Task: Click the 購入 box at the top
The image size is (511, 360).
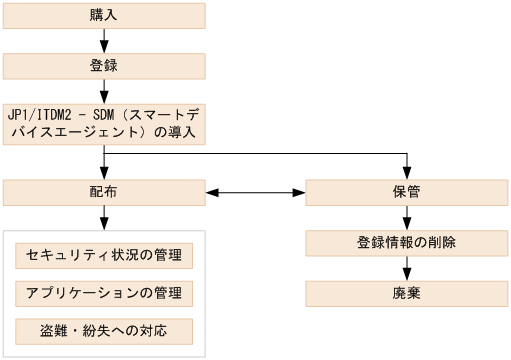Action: click(104, 15)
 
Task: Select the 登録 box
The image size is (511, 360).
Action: click(104, 66)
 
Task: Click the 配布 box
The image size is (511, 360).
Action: click(104, 192)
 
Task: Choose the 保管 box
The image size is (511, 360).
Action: click(406, 192)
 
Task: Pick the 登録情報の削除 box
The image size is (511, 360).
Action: click(406, 243)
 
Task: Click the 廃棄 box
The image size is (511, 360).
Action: click(406, 294)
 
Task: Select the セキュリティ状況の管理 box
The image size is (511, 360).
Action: click(104, 256)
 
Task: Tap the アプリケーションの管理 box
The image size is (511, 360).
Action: click(104, 293)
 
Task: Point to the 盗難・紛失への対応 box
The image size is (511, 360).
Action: click(104, 330)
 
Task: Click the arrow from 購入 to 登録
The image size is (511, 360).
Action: click(104, 41)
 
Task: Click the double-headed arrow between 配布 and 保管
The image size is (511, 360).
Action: click(255, 192)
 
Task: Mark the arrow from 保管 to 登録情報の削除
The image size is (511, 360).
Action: click(406, 218)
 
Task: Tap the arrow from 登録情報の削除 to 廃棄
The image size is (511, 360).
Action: click(406, 269)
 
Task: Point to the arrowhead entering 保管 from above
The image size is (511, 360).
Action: click(406, 172)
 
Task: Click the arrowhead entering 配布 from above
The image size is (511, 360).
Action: click(104, 172)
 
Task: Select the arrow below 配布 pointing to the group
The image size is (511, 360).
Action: click(104, 219)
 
